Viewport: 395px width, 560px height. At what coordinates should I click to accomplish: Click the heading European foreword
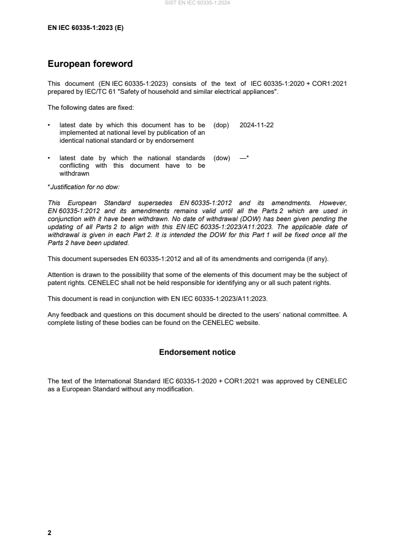point(90,64)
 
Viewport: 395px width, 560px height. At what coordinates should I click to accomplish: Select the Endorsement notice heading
point(197,352)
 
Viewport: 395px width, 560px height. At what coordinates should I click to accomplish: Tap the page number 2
point(49,533)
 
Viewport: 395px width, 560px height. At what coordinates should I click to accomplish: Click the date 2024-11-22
point(257,125)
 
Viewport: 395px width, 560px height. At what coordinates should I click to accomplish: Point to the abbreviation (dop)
point(221,125)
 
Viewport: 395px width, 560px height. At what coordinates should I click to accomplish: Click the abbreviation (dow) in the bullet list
point(222,158)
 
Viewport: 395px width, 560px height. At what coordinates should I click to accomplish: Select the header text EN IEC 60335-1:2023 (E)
point(85,28)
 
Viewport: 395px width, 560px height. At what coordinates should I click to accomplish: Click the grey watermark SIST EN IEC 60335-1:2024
point(197,3)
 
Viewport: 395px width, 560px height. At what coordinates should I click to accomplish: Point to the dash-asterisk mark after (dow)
point(244,158)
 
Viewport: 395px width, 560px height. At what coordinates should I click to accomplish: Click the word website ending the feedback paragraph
point(247,322)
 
